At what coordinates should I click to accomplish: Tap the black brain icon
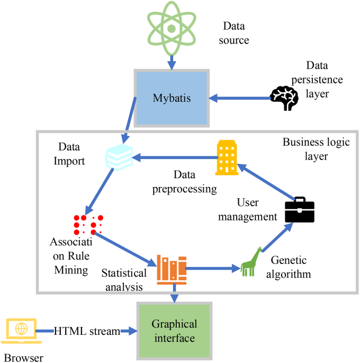pyautogui.click(x=284, y=97)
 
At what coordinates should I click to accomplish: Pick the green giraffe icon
pyautogui.click(x=251, y=262)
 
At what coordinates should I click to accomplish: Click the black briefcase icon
pyautogui.click(x=300, y=211)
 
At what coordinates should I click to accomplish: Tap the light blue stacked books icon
pyautogui.click(x=120, y=158)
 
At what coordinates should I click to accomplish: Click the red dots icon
pyautogui.click(x=88, y=225)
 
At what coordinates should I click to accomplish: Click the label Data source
pyautogui.click(x=236, y=32)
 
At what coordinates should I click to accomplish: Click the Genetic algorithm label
pyautogui.click(x=290, y=268)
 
